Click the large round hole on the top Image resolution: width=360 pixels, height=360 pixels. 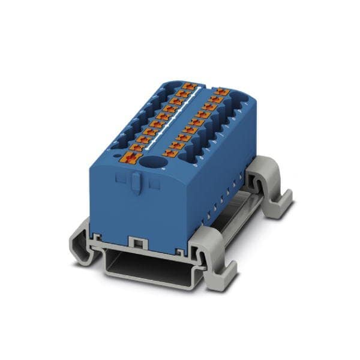157,163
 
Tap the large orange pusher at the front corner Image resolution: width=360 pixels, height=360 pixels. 133,158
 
